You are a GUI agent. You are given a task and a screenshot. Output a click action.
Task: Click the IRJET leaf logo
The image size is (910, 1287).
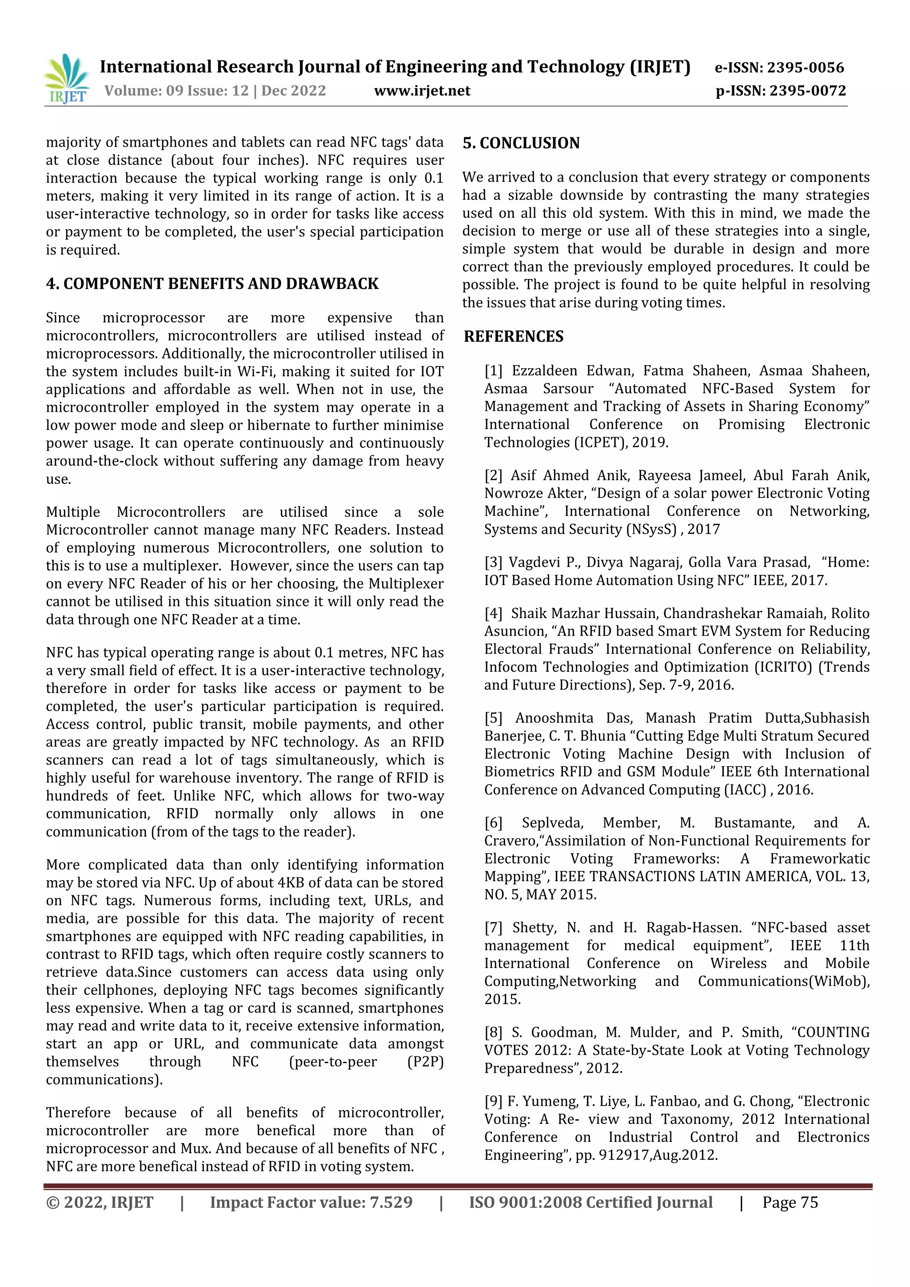pos(67,79)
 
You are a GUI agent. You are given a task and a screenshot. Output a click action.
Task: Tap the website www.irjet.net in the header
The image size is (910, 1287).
pos(422,91)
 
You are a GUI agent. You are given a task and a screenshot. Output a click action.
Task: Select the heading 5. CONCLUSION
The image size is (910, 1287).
pos(521,143)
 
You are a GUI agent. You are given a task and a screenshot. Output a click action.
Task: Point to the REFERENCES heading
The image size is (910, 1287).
pos(513,336)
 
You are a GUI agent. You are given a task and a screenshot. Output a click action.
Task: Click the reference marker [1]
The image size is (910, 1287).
pos(493,371)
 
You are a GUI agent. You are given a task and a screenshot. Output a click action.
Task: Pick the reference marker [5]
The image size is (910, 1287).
pos(493,718)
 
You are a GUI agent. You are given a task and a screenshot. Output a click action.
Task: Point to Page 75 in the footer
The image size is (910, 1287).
pos(790,1202)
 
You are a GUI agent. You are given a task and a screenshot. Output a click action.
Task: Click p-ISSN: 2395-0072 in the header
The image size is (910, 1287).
pos(781,91)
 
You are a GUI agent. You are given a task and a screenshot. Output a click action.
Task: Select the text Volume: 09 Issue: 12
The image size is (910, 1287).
pos(176,91)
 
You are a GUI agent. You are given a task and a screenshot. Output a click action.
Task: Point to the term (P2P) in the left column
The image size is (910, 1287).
pos(426,1062)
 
